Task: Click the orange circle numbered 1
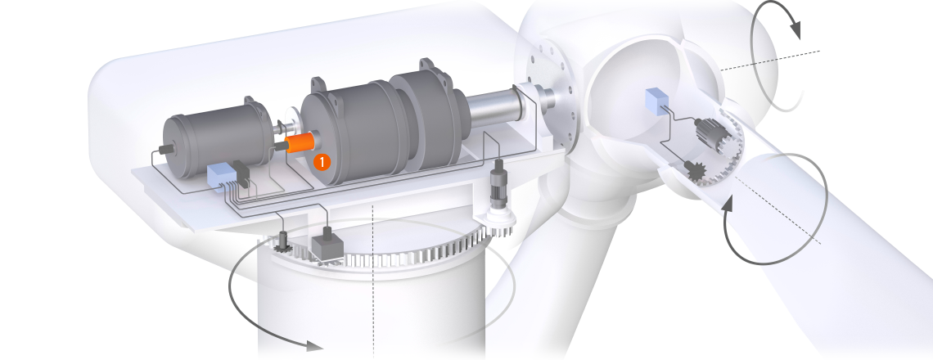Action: tap(322, 162)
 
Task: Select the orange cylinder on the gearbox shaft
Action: tap(300, 143)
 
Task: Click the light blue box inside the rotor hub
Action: tap(656, 101)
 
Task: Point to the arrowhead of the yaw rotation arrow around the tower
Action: tap(313, 345)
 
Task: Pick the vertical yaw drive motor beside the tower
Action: tap(498, 182)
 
